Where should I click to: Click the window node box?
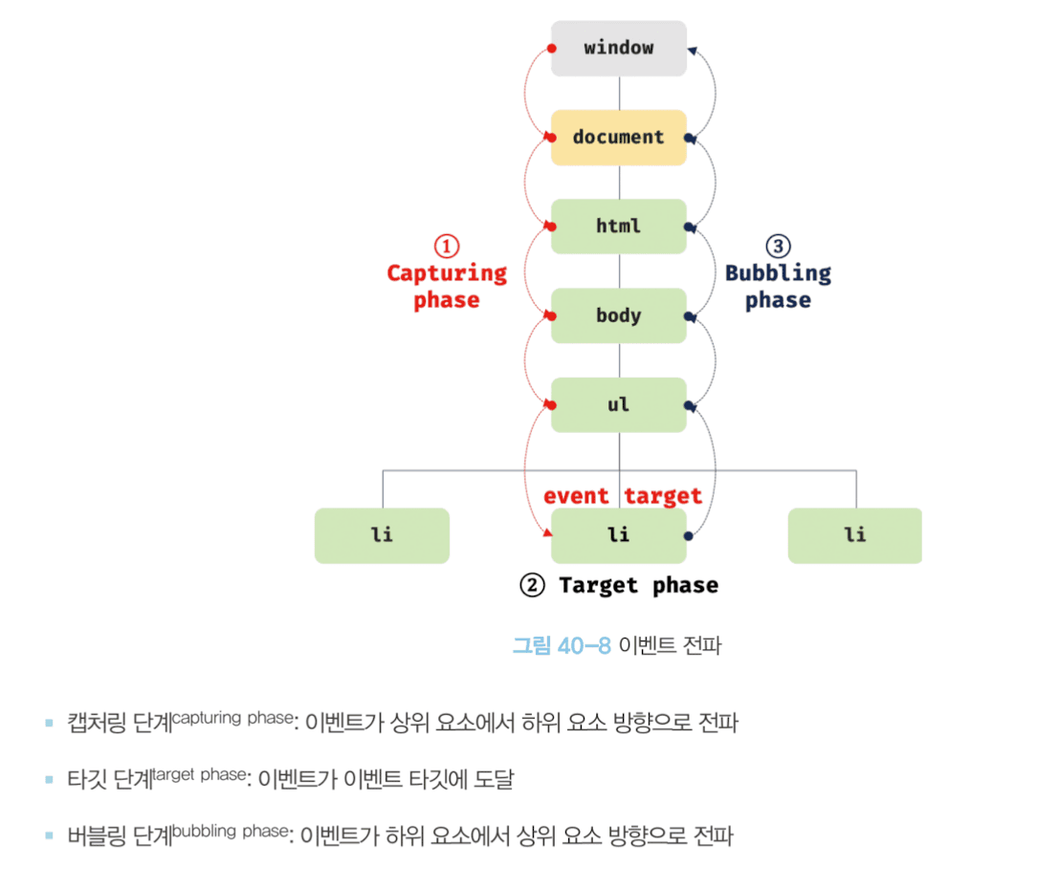pyautogui.click(x=618, y=48)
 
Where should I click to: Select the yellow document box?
pyautogui.click(x=618, y=137)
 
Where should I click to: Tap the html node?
pyautogui.click(x=618, y=227)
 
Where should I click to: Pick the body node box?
pyautogui.click(x=618, y=315)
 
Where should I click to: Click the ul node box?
pyautogui.click(x=618, y=404)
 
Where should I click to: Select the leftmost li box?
pyautogui.click(x=382, y=535)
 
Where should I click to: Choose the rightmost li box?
pyautogui.click(x=854, y=535)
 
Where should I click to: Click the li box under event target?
pyautogui.click(x=618, y=535)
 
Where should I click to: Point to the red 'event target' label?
pyautogui.click(x=623, y=496)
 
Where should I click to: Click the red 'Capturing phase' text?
pyautogui.click(x=447, y=287)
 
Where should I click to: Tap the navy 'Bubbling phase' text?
pyautogui.click(x=778, y=287)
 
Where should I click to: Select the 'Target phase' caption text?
pyautogui.click(x=638, y=585)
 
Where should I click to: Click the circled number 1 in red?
pyautogui.click(x=447, y=246)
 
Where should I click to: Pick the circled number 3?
pyautogui.click(x=779, y=246)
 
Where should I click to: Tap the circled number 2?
pyautogui.click(x=532, y=585)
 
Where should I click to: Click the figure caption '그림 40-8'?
pyautogui.click(x=562, y=646)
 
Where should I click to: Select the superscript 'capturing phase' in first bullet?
pyautogui.click(x=232, y=718)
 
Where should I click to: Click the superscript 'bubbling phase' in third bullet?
pyautogui.click(x=231, y=831)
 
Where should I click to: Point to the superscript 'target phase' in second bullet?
pyautogui.click(x=200, y=774)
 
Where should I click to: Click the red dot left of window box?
pyautogui.click(x=552, y=48)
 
